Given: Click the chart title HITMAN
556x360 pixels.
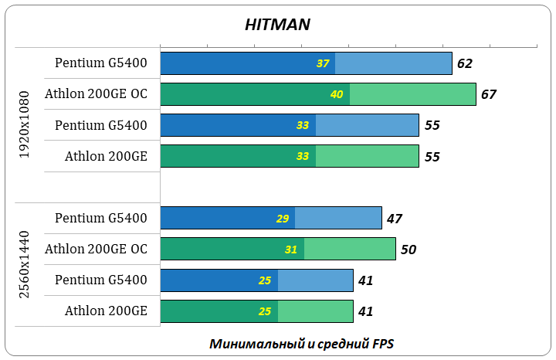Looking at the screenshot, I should coord(277,24).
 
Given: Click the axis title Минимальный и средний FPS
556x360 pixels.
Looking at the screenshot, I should coord(301,343).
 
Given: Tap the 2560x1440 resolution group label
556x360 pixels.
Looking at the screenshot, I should coord(24,264).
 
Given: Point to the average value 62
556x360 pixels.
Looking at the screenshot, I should coord(464,63).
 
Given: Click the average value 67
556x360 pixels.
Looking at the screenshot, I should coord(488,94).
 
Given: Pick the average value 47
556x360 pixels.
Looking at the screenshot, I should coord(394,219).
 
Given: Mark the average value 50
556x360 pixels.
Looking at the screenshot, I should coord(409,249).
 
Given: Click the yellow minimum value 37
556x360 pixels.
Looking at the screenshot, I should coord(324,63).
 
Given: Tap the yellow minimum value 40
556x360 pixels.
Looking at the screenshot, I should coord(337,94).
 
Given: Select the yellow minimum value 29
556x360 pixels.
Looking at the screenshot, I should coord(283,219).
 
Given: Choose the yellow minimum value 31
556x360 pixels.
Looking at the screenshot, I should coord(292,249).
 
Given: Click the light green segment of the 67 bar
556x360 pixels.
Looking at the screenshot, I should coord(412,94).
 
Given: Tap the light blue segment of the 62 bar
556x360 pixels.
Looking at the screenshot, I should coord(393,63).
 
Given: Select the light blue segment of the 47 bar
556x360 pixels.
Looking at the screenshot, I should coord(338,219).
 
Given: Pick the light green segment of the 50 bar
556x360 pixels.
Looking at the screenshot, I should coord(350,249).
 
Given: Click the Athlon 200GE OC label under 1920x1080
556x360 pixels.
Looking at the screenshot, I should coord(96,94).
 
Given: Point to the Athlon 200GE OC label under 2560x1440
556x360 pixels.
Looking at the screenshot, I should coord(96,249).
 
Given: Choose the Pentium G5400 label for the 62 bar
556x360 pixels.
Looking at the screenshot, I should coord(101,63).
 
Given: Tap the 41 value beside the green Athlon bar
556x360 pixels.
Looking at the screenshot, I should coord(366,311).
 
